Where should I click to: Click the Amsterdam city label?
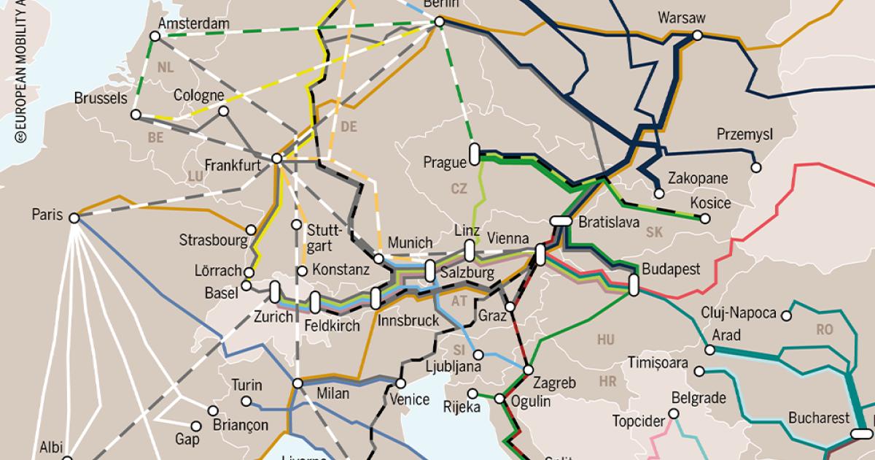pos(194,24)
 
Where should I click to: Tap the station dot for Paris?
pos(74,217)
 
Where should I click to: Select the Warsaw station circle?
pos(698,35)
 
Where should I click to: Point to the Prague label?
pos(444,161)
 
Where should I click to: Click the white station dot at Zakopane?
pos(659,193)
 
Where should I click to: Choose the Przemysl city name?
pos(744,135)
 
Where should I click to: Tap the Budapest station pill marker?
pos(634,284)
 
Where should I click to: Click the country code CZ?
pos(459,188)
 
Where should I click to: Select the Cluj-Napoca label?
pos(739,313)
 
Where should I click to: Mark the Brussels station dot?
pos(136,115)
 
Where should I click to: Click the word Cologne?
pos(198,96)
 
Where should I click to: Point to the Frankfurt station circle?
pos(276,158)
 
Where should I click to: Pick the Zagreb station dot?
pos(528,369)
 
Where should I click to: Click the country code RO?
pos(825,329)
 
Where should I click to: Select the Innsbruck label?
pos(408,321)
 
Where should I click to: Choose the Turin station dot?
pos(247,401)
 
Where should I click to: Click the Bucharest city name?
pos(819,418)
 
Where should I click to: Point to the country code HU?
pos(606,340)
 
